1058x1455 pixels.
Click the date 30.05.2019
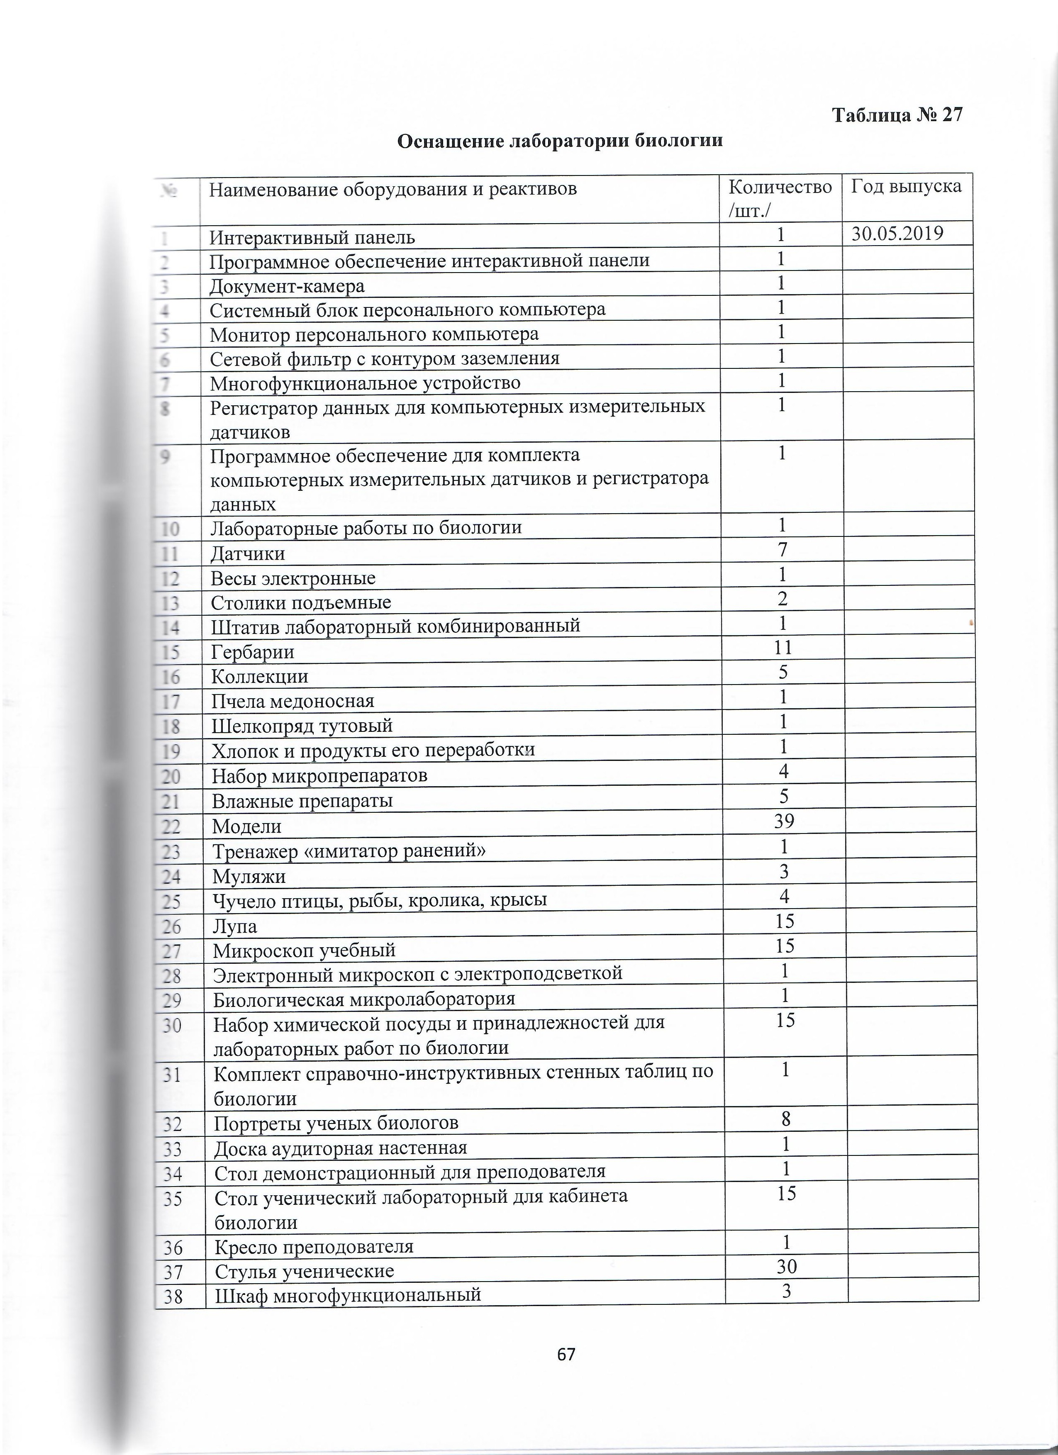coord(897,234)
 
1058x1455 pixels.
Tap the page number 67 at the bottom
coord(566,1354)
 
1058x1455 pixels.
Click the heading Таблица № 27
coord(897,115)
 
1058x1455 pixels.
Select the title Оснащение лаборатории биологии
coord(559,141)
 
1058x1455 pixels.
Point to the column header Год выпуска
coord(906,187)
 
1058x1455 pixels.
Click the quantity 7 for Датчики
coord(782,550)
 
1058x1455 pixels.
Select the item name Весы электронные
coord(293,578)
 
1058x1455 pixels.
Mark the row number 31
coord(172,1075)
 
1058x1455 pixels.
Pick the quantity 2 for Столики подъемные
coord(782,599)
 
